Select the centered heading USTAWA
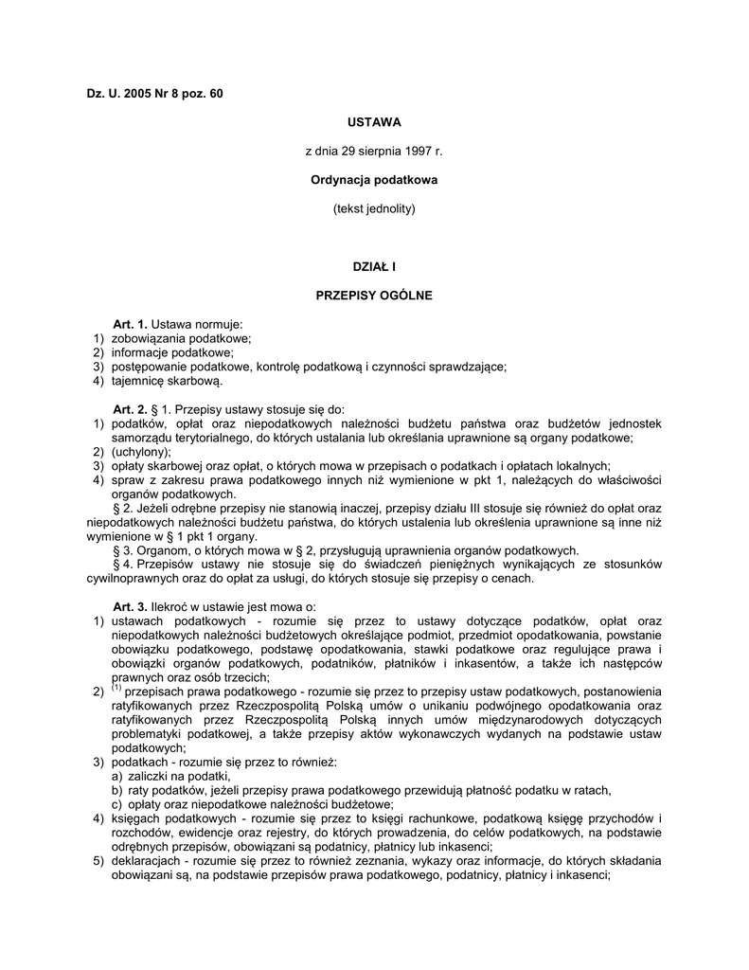point(374,122)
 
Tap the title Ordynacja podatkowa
point(374,179)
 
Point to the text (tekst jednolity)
point(374,207)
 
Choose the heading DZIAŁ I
point(374,268)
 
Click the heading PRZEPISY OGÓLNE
point(374,296)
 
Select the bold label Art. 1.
point(131,324)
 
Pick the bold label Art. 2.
point(131,408)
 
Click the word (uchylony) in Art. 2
point(141,452)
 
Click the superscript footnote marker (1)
point(116,690)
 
